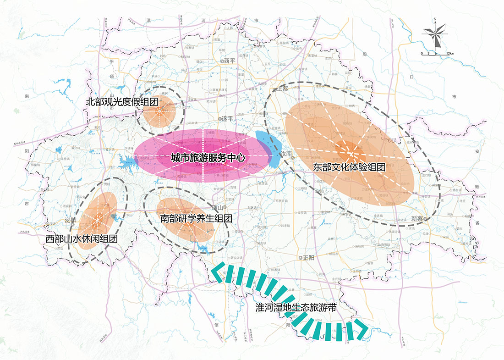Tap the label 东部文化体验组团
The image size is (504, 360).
click(349, 167)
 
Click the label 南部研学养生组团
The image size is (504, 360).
click(196, 219)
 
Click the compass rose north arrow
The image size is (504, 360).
click(435, 33)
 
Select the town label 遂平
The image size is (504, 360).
click(228, 119)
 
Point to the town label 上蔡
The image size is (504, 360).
click(281, 90)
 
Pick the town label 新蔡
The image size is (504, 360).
click(417, 218)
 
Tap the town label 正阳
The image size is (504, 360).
click(308, 258)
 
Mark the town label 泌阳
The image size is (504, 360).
click(71, 220)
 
